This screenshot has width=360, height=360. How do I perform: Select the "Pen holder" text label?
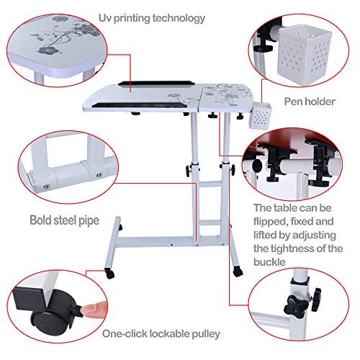310,102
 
